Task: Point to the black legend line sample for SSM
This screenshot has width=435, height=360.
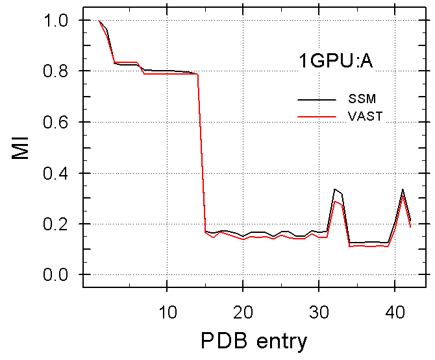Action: (317, 100)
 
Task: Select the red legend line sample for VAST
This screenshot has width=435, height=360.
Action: (317, 116)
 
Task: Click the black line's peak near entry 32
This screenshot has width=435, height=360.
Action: (334, 189)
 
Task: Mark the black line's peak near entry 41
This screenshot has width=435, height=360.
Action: (403, 189)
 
